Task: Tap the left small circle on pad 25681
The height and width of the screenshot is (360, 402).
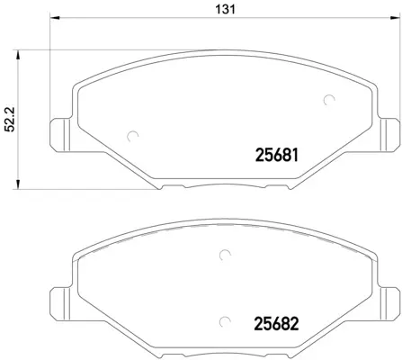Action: pyautogui.click(x=134, y=137)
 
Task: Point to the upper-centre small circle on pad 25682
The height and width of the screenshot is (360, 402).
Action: pyautogui.click(x=224, y=256)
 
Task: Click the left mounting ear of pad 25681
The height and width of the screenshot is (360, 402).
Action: pyautogui.click(x=60, y=134)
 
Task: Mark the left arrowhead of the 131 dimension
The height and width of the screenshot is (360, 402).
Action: pyautogui.click(x=53, y=19)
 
